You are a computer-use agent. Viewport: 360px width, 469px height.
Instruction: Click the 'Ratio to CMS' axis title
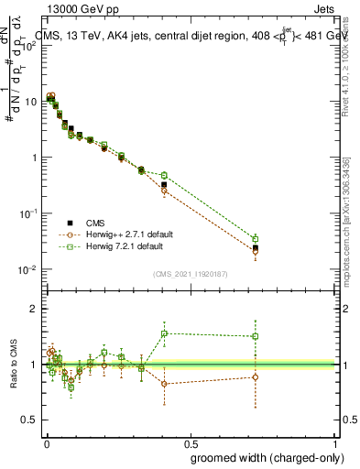tap(14, 364)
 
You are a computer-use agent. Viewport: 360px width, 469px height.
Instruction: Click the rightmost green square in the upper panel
tap(256, 239)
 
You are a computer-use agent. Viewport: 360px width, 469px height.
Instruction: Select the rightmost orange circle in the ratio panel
tap(256, 377)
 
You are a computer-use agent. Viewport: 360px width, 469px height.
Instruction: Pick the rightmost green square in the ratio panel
tap(256, 336)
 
